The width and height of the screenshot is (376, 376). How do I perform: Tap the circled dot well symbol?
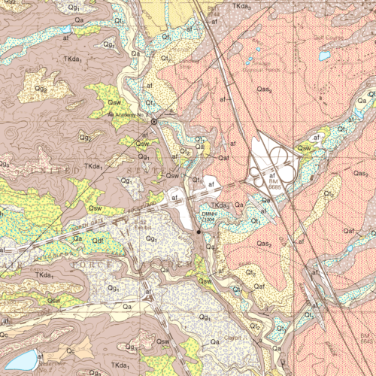tap(154, 121)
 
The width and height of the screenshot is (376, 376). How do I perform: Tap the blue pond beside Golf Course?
tap(324, 56)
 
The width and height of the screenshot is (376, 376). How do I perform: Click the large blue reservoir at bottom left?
tap(16, 359)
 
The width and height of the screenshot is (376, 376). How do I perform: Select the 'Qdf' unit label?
tap(98, 240)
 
